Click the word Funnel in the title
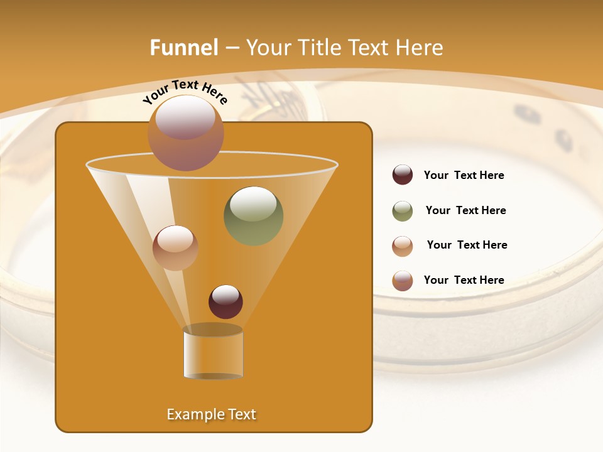(184, 48)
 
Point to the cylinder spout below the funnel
(213, 355)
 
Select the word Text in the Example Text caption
(241, 414)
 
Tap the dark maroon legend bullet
(403, 175)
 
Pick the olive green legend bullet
(403, 211)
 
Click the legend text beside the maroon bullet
(464, 175)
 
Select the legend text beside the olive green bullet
(465, 210)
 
